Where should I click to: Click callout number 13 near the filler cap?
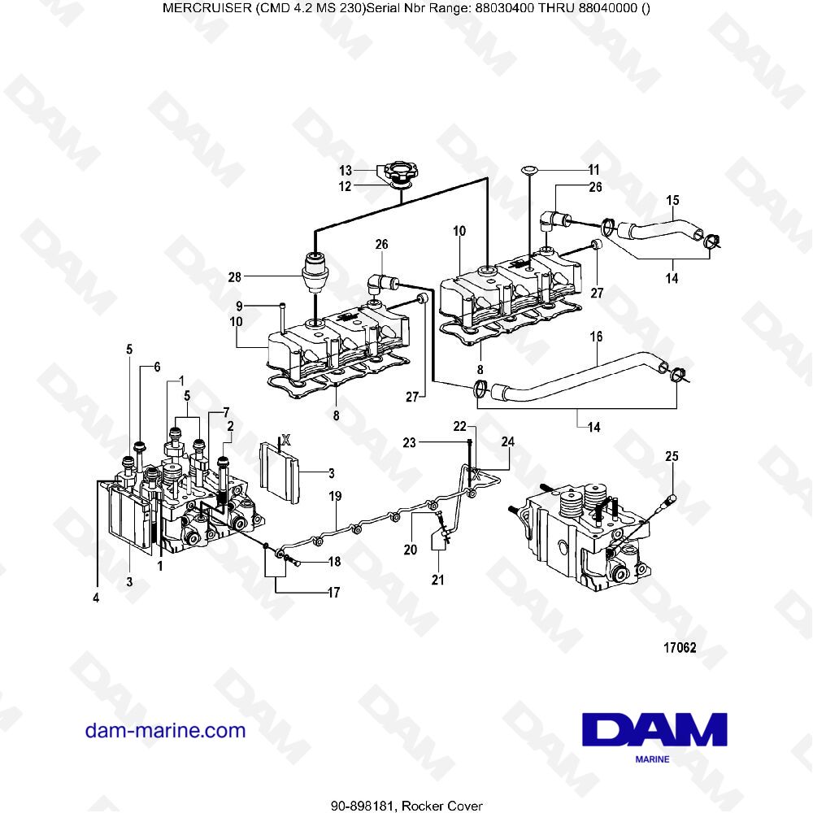pos(346,171)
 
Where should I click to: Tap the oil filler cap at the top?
pos(400,175)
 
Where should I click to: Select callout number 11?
pos(593,170)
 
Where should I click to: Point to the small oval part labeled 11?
pos(529,169)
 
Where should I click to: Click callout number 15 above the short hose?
pos(672,200)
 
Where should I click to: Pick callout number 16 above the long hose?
pos(596,335)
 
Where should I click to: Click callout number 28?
pos(235,277)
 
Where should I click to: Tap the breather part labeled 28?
pos(314,272)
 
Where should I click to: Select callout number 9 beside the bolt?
pos(240,307)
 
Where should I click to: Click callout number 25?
pos(671,456)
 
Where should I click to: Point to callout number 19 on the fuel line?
pos(334,495)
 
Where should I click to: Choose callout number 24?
pos(508,442)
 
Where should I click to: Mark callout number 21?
pos(438,580)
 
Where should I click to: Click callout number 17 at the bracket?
pos(333,593)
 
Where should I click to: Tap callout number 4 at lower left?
pos(96,598)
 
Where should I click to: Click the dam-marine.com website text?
pos(165,730)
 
